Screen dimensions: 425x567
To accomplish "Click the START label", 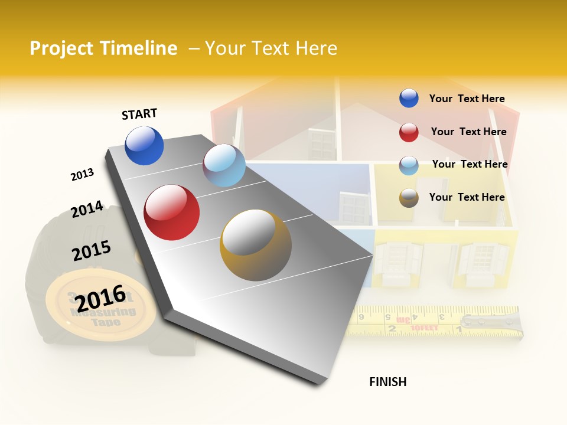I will pos(139,114).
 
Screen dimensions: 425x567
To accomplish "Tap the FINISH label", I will pos(387,382).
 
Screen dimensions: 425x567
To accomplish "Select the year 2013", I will pos(82,175).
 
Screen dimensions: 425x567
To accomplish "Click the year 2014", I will pos(87,210).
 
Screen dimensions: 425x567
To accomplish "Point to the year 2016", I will pos(100,298).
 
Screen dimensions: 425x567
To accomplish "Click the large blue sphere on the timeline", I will pos(144,146).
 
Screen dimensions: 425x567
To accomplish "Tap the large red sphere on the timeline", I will pos(171,212).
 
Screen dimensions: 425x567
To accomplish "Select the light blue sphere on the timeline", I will pos(224,165).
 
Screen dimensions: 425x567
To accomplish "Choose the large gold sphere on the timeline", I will pos(256,245).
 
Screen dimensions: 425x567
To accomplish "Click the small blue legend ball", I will pos(409,99).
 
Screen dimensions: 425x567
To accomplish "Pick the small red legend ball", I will pos(409,132).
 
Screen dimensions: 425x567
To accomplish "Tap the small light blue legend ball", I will pos(409,165).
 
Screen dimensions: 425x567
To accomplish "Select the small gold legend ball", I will pos(409,198).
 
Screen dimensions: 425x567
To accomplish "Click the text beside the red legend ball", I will pos(468,132).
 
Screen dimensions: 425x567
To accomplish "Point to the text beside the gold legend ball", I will pos(467,197).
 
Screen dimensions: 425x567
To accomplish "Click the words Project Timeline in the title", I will pos(103,48).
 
